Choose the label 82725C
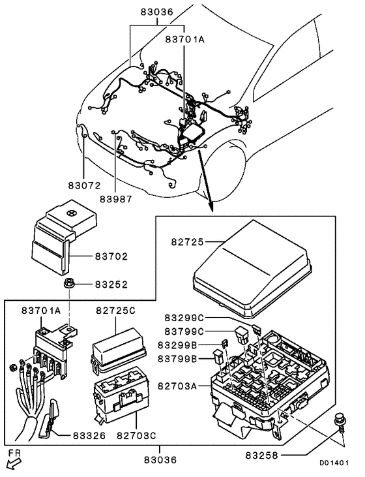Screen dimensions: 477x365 (115, 311)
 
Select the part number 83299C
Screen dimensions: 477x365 (184, 318)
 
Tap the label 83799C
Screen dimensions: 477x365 (184, 331)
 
